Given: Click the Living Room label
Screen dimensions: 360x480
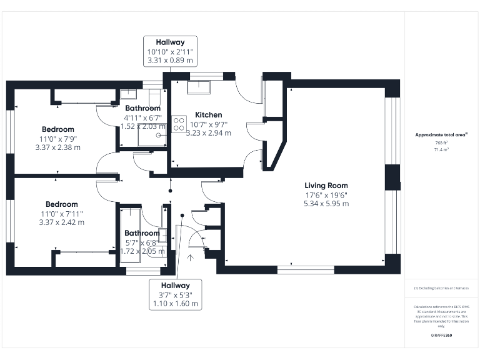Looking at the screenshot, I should click(326, 186).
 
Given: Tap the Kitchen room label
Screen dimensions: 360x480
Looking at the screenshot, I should click(208, 115).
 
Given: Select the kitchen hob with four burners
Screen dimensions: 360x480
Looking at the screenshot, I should click(179, 122).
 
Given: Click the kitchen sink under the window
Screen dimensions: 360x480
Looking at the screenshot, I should click(199, 87).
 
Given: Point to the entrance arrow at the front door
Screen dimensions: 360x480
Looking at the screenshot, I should click(190, 256).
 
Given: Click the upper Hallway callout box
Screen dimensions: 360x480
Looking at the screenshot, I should click(170, 52).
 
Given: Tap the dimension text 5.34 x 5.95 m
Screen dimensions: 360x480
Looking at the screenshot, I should click(326, 204).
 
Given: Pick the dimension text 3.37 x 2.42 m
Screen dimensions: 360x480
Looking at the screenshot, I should click(61, 222).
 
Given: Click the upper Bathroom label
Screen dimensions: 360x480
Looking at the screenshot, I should click(142, 108).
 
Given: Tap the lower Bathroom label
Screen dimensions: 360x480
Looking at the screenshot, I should click(142, 233).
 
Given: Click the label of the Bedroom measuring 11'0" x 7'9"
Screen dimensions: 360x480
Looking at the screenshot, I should click(57, 129).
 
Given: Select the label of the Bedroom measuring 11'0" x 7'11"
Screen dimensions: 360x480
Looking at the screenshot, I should click(61, 204).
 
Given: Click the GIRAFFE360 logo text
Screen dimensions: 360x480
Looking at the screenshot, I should click(441, 336).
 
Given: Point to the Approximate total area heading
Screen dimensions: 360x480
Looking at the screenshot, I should click(441, 134).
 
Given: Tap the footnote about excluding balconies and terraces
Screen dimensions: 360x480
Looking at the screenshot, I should click(441, 288).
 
